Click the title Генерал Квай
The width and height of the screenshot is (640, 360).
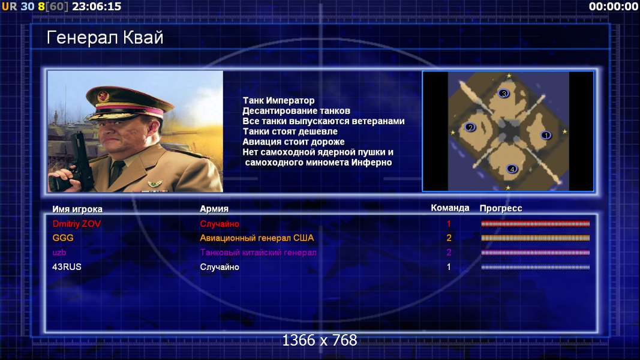(x=105, y=38)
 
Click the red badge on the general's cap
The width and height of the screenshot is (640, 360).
(x=103, y=97)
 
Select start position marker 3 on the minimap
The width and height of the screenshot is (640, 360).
(x=504, y=94)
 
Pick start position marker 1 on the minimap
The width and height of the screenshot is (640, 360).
(x=546, y=135)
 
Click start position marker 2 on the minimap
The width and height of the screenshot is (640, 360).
(x=470, y=127)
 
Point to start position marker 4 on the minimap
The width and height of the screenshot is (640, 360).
(x=512, y=169)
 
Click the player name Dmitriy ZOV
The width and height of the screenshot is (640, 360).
(x=77, y=224)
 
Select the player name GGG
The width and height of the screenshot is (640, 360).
(x=63, y=238)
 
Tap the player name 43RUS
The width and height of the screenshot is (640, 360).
(x=67, y=267)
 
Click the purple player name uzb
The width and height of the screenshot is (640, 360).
(x=59, y=253)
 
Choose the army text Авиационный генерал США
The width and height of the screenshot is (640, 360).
(x=257, y=238)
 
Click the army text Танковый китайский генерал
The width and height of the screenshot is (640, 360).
(x=258, y=253)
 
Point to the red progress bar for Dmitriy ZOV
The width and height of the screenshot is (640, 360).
(x=536, y=224)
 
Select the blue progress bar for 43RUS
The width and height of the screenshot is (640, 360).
(x=536, y=268)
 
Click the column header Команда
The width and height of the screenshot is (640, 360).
(x=450, y=208)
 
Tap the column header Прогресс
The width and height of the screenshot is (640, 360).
(x=501, y=209)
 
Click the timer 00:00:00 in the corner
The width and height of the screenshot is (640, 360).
(x=614, y=7)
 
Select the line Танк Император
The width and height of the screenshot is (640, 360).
(x=279, y=100)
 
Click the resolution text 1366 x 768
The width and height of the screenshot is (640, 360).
(x=320, y=340)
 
